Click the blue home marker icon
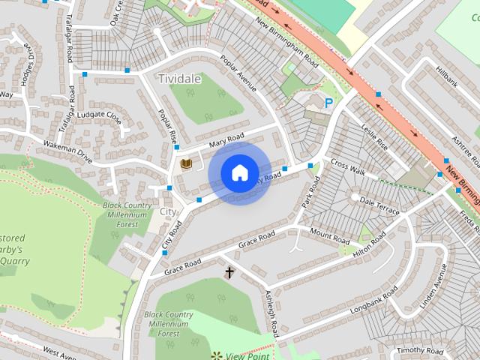click(x=239, y=173)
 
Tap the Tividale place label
click(x=180, y=78)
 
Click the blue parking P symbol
click(x=328, y=103)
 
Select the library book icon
click(x=186, y=164)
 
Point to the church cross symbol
click(x=229, y=273)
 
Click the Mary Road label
click(x=226, y=140)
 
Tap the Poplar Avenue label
click(x=238, y=73)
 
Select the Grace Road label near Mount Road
click(x=257, y=238)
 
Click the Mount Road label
click(x=330, y=236)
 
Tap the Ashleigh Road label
click(x=273, y=314)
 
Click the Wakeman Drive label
click(x=67, y=154)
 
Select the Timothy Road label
click(x=421, y=350)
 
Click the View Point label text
click(x=247, y=355)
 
